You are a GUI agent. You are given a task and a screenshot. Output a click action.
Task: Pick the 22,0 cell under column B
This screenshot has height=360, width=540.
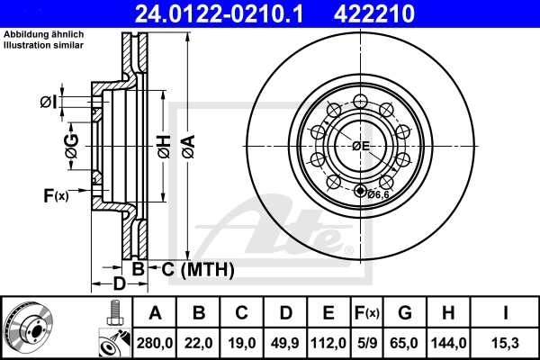199,342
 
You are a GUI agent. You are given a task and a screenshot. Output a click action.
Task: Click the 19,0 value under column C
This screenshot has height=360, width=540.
242,342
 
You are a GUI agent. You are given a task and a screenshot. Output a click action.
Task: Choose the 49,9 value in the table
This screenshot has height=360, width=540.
285,342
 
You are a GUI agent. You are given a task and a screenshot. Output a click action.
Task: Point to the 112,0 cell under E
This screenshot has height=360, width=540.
328,342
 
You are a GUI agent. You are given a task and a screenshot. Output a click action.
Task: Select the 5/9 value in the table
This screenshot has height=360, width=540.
366,342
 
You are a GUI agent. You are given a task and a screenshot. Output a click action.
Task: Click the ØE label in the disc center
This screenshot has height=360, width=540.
362,146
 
